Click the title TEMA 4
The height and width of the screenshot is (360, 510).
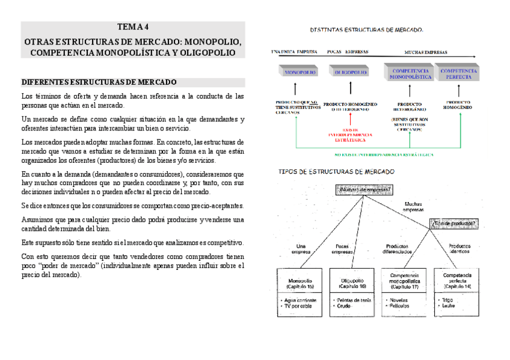(132, 27)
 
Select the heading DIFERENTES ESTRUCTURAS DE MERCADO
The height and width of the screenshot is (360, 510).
(99, 82)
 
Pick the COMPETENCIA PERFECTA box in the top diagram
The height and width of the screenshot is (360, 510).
(458, 73)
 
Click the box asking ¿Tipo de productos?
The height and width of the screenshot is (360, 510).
(455, 224)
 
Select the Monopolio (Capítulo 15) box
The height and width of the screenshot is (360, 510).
(300, 284)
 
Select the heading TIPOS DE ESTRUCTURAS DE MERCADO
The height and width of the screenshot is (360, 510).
(336, 171)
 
